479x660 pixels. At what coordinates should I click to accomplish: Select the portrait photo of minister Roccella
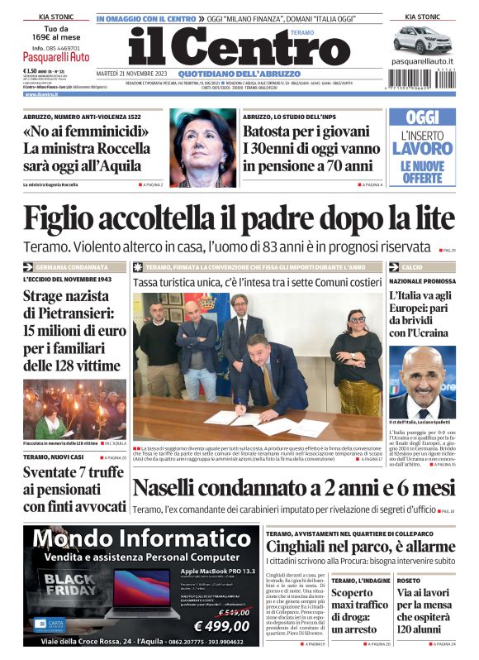pyautogui.click(x=203, y=148)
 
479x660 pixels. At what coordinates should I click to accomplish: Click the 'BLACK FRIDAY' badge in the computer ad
pyautogui.click(x=69, y=582)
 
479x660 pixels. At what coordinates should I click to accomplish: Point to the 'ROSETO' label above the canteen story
pyautogui.click(x=408, y=581)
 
